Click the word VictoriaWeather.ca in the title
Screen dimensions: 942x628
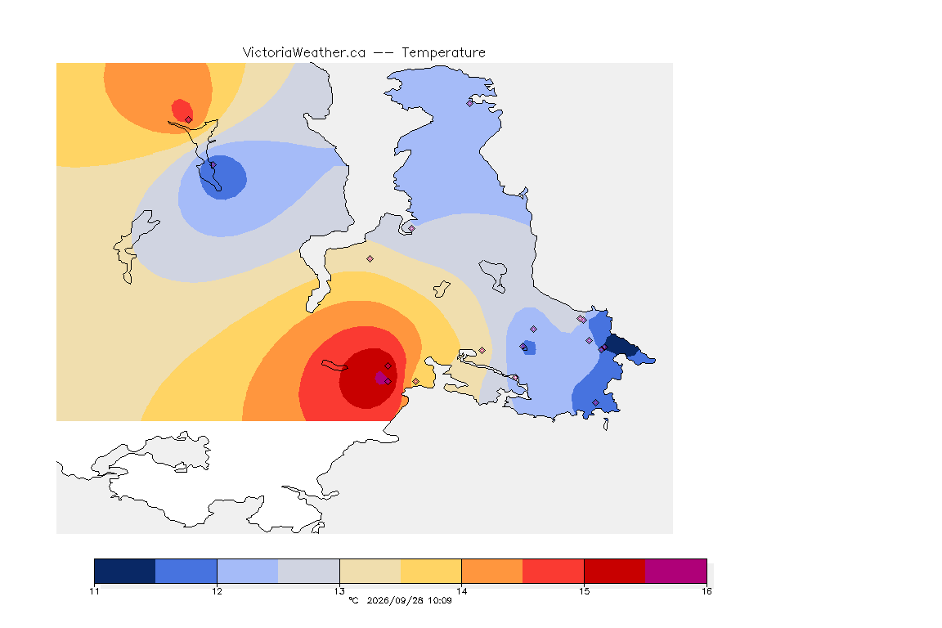pos(304,53)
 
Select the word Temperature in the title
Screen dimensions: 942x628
pos(443,53)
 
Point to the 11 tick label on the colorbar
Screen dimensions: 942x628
pos(94,591)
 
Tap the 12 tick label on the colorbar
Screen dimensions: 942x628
pos(217,591)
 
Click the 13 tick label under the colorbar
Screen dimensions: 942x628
pos(339,591)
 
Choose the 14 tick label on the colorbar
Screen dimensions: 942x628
pos(461,591)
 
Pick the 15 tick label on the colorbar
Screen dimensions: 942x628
pos(584,591)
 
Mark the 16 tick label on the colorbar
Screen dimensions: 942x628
pos(706,591)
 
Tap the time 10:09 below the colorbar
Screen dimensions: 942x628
pos(440,600)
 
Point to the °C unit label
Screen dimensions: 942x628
pos(353,600)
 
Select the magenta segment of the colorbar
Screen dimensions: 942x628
pos(676,571)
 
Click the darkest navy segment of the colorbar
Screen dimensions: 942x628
pos(125,571)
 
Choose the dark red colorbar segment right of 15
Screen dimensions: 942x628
pos(615,571)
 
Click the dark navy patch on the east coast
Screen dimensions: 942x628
pos(621,347)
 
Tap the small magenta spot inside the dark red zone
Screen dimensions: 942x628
pos(380,378)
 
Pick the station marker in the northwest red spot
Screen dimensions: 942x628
pos(189,119)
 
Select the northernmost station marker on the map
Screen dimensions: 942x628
pos(470,103)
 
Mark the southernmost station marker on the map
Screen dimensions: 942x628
pos(595,402)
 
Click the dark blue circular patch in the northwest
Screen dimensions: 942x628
pos(223,177)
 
